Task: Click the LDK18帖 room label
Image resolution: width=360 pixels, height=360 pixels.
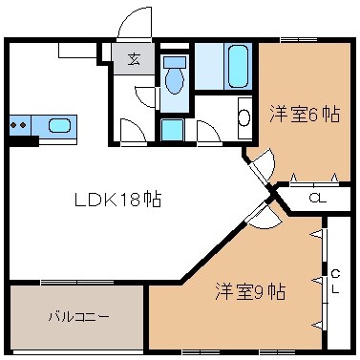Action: (118, 200)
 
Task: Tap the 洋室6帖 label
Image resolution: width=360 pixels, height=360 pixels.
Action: (305, 114)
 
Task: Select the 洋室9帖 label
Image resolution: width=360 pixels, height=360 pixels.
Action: (250, 291)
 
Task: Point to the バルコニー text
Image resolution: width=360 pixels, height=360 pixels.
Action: (79, 317)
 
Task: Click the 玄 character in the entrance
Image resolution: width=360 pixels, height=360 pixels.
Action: (134, 59)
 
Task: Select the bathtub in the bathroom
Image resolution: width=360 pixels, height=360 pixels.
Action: (238, 66)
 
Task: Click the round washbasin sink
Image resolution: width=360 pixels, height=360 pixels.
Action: (244, 117)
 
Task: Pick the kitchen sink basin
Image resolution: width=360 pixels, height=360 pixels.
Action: (59, 126)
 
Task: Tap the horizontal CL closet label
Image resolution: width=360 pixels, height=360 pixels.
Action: (317, 199)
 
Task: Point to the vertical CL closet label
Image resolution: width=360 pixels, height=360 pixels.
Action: (336, 282)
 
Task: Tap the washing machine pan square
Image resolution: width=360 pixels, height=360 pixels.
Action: (172, 130)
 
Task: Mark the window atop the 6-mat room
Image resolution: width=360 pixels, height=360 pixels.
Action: (299, 40)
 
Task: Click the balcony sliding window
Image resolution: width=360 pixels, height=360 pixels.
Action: (76, 282)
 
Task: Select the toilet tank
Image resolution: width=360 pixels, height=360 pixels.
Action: (175, 62)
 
